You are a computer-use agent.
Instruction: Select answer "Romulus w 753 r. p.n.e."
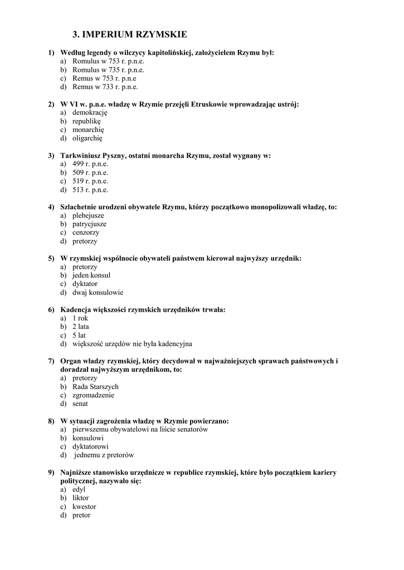(108, 61)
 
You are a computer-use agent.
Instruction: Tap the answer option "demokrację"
(90, 112)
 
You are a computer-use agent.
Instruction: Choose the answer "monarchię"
(88, 130)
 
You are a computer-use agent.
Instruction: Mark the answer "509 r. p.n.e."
(90, 173)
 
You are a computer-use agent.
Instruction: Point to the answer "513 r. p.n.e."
(90, 190)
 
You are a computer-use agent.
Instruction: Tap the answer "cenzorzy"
(86, 233)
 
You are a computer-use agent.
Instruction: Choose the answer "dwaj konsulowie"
(98, 292)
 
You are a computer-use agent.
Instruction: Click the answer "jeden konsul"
(91, 275)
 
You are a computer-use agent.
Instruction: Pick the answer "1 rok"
(80, 318)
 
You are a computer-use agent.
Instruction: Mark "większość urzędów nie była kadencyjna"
(132, 343)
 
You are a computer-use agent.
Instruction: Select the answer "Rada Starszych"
(95, 386)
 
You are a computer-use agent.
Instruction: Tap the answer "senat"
(80, 404)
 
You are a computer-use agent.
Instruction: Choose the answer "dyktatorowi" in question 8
(90, 446)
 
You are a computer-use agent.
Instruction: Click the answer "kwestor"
(84, 507)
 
